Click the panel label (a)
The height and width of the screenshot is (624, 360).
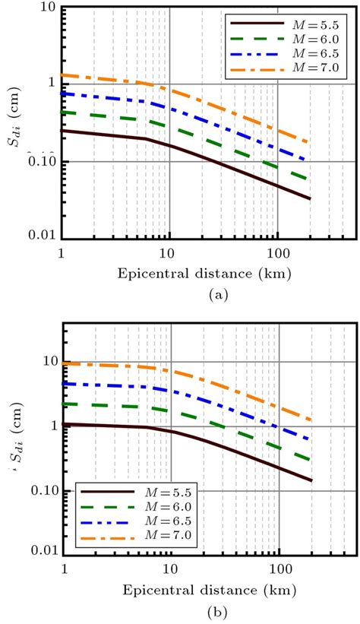click(x=181, y=291)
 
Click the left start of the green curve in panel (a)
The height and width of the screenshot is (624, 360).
click(x=63, y=112)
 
